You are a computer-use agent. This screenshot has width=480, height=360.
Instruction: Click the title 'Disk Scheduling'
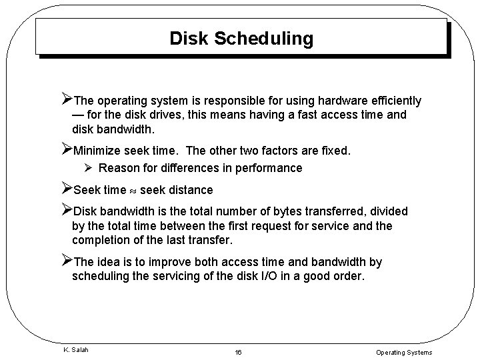point(241,39)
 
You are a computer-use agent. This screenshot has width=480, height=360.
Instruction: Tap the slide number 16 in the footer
point(239,352)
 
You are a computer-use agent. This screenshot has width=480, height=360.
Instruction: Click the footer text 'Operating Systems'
point(404,352)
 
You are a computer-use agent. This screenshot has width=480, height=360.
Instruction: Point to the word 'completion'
point(101,239)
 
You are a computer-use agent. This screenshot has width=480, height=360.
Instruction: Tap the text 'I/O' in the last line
point(271,276)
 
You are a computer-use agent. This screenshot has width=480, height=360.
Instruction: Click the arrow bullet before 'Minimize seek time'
point(66,150)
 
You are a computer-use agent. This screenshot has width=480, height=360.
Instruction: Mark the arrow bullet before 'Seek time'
point(66,189)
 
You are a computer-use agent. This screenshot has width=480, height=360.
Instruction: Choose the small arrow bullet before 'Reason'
point(88,168)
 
